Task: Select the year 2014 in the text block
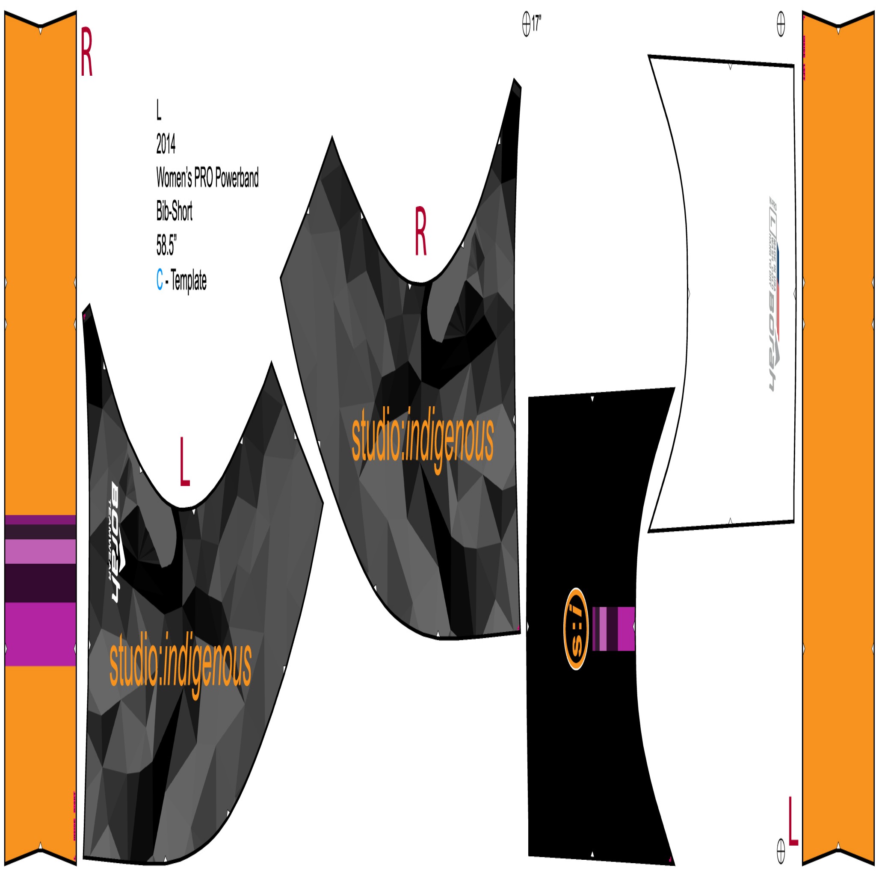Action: [166, 144]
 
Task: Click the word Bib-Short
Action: [174, 211]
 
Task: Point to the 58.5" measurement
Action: [166, 245]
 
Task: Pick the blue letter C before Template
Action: [160, 279]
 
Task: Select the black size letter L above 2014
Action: [159, 110]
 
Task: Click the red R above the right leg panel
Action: [420, 231]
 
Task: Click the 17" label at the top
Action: [536, 23]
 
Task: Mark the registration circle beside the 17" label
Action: [526, 24]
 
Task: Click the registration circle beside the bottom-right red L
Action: [781, 851]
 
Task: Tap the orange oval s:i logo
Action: [575, 629]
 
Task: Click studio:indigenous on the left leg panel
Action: [181, 663]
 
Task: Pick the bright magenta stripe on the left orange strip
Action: [40, 633]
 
